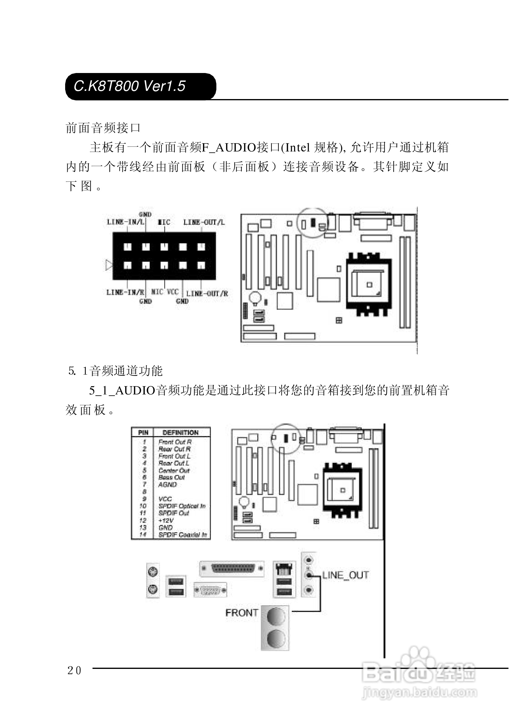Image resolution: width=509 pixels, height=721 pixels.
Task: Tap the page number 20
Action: point(75,671)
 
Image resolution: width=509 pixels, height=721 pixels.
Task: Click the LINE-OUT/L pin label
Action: point(204,222)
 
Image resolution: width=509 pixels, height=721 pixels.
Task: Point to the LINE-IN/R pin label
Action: point(125,292)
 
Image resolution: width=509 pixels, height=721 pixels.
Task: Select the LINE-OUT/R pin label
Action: point(207,294)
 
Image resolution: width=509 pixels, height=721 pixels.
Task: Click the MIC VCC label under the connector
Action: point(165,292)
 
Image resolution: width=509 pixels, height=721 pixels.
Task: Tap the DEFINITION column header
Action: point(181,433)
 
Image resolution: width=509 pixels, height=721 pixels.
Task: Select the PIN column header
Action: point(143,433)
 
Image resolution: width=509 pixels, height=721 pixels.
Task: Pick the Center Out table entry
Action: point(174,470)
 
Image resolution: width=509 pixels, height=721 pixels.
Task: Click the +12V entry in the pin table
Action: point(166,521)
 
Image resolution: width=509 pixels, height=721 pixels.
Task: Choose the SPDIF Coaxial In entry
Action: point(182,535)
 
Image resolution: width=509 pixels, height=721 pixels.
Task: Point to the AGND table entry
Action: point(168,484)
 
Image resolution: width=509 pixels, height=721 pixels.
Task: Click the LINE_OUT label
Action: point(345,575)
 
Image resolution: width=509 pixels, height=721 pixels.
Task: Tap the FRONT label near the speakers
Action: point(242,613)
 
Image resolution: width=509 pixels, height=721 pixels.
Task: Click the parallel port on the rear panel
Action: point(232,568)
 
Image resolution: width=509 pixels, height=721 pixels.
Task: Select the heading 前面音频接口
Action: point(103,128)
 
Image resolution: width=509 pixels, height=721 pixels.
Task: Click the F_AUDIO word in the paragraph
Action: point(228,148)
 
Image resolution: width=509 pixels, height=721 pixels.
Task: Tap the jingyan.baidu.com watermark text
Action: point(419,693)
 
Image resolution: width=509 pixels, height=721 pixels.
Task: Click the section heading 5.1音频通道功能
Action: point(115,371)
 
